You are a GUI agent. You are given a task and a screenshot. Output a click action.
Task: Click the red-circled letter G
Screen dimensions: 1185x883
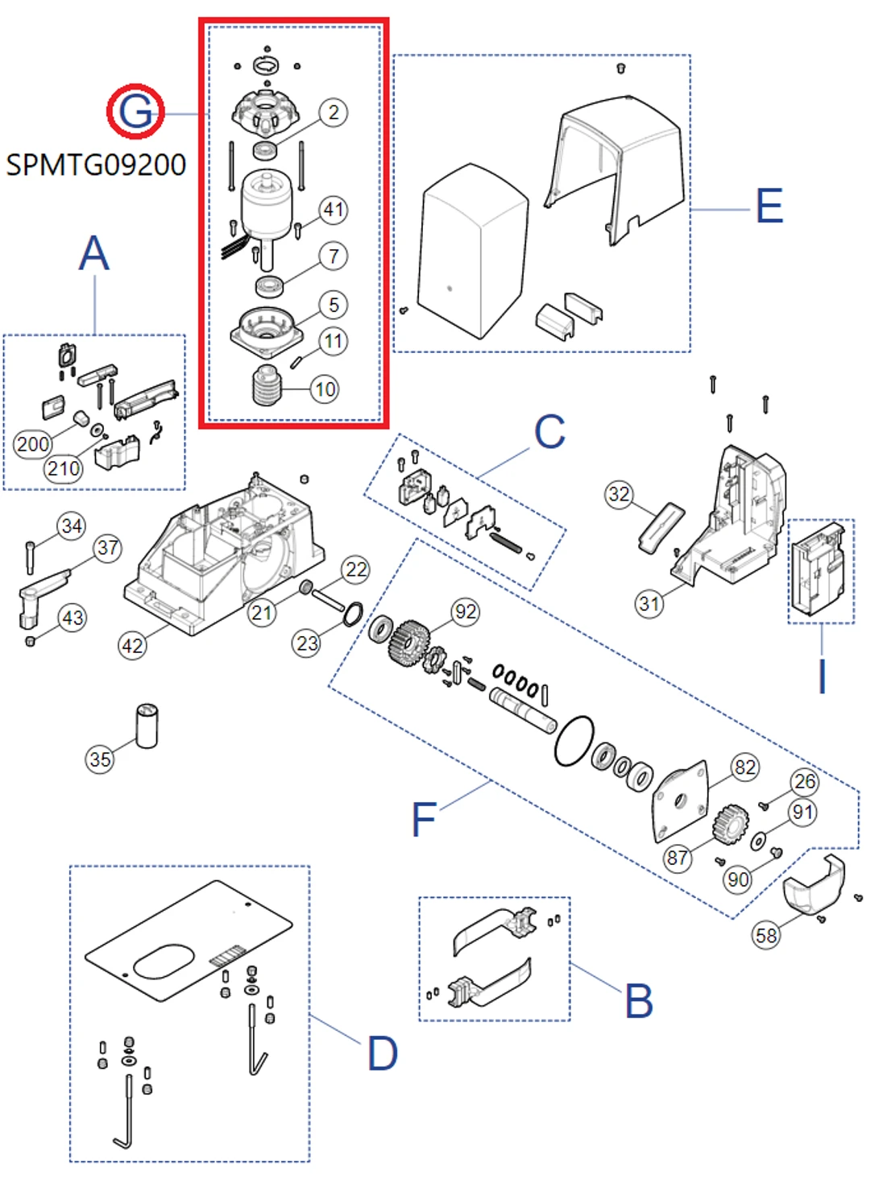pyautogui.click(x=135, y=110)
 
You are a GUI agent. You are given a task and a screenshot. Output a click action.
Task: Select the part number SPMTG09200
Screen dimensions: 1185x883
pyautogui.click(x=96, y=165)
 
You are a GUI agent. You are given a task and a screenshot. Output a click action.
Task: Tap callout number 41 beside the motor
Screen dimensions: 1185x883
pyautogui.click(x=334, y=210)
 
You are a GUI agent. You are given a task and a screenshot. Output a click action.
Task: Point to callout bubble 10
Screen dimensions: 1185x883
pyautogui.click(x=325, y=389)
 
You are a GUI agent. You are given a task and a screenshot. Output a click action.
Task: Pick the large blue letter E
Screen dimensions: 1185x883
pyautogui.click(x=769, y=206)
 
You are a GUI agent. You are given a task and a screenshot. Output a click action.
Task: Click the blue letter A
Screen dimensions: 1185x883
pyautogui.click(x=94, y=253)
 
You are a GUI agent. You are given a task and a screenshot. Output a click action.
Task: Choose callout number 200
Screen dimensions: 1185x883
pyautogui.click(x=33, y=444)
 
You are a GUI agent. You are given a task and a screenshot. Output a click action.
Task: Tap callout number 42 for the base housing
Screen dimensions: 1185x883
pyautogui.click(x=132, y=645)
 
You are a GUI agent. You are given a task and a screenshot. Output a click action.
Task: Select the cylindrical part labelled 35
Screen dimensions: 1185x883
pyautogui.click(x=147, y=726)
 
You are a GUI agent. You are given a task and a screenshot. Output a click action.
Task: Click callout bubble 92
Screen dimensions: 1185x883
pyautogui.click(x=466, y=612)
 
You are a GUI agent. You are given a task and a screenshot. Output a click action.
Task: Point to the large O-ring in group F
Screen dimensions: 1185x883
pyautogui.click(x=574, y=741)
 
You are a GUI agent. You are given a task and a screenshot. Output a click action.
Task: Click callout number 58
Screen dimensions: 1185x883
pyautogui.click(x=766, y=934)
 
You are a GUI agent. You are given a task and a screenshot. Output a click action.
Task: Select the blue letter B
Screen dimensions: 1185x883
pyautogui.click(x=639, y=1001)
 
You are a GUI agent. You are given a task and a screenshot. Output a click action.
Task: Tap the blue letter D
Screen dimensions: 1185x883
pyautogui.click(x=383, y=1054)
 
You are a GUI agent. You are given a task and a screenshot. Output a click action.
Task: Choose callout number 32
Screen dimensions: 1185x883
pyautogui.click(x=619, y=494)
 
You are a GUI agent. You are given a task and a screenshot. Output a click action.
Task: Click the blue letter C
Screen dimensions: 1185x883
pyautogui.click(x=549, y=432)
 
